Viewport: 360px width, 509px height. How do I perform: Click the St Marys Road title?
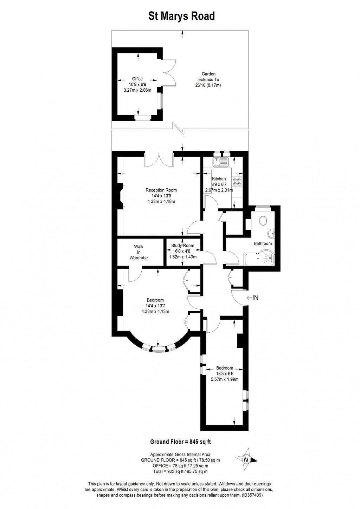coord(181,16)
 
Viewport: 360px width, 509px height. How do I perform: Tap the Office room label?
coord(137,79)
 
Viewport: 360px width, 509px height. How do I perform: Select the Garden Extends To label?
coord(208,79)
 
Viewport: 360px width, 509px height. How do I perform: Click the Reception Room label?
coord(161,190)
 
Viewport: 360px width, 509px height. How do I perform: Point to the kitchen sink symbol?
coord(220,162)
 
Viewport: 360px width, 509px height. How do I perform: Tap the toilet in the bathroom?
coord(262,221)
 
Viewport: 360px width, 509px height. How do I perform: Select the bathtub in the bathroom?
coord(259,260)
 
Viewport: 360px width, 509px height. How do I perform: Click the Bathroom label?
coord(263,243)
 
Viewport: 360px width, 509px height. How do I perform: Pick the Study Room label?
coord(182,246)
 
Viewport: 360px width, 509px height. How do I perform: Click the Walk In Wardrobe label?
coord(139,252)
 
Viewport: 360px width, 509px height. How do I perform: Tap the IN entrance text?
coord(255,298)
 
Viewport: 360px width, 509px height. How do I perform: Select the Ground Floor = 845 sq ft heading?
coord(180,442)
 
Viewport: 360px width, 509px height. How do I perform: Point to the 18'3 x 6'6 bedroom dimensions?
coord(225,374)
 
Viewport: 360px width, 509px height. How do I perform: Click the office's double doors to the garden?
coord(169,72)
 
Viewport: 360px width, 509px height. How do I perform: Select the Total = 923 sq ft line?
coord(180,471)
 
